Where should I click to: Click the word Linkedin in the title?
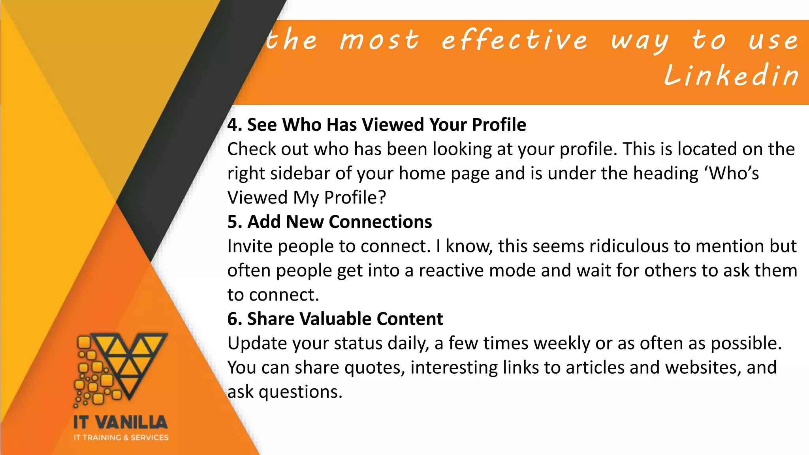click(x=731, y=75)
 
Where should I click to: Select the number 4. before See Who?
click(x=235, y=125)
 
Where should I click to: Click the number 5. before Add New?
click(x=235, y=222)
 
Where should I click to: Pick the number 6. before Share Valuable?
click(x=235, y=319)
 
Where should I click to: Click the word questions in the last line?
click(x=300, y=392)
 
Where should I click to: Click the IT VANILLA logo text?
click(x=120, y=422)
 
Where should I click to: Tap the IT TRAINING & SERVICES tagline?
click(x=121, y=437)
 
